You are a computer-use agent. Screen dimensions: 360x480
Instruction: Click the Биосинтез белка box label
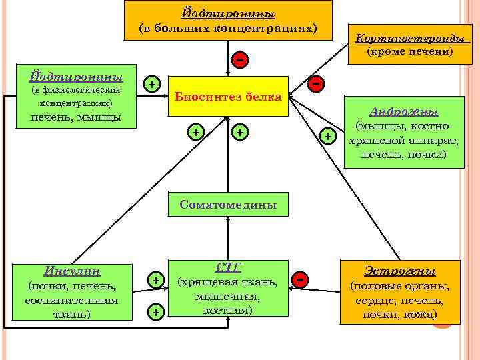click(228, 97)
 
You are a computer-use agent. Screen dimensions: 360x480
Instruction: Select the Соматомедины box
click(228, 205)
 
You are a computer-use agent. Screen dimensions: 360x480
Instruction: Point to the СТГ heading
click(228, 267)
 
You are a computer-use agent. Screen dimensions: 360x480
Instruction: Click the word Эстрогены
click(400, 271)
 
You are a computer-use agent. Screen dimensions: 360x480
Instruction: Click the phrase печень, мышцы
click(71, 118)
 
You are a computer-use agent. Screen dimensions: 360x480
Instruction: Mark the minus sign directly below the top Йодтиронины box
click(238, 59)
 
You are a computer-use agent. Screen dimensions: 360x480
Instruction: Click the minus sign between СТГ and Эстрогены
click(301, 281)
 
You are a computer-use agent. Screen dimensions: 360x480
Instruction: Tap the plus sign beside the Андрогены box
click(328, 137)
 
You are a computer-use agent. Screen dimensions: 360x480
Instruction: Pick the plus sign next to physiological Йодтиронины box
click(153, 84)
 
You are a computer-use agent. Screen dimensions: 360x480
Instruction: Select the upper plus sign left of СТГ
click(155, 281)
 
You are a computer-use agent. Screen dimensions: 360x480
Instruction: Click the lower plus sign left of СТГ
click(155, 311)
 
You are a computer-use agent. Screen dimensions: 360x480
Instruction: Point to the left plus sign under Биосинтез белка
click(196, 133)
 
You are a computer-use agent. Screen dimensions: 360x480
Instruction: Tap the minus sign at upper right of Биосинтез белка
click(317, 83)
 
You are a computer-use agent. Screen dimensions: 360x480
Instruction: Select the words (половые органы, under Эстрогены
click(400, 287)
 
